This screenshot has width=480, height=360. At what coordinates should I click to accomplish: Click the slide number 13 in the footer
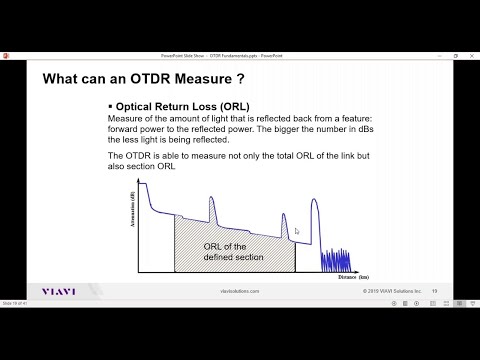(434, 292)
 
